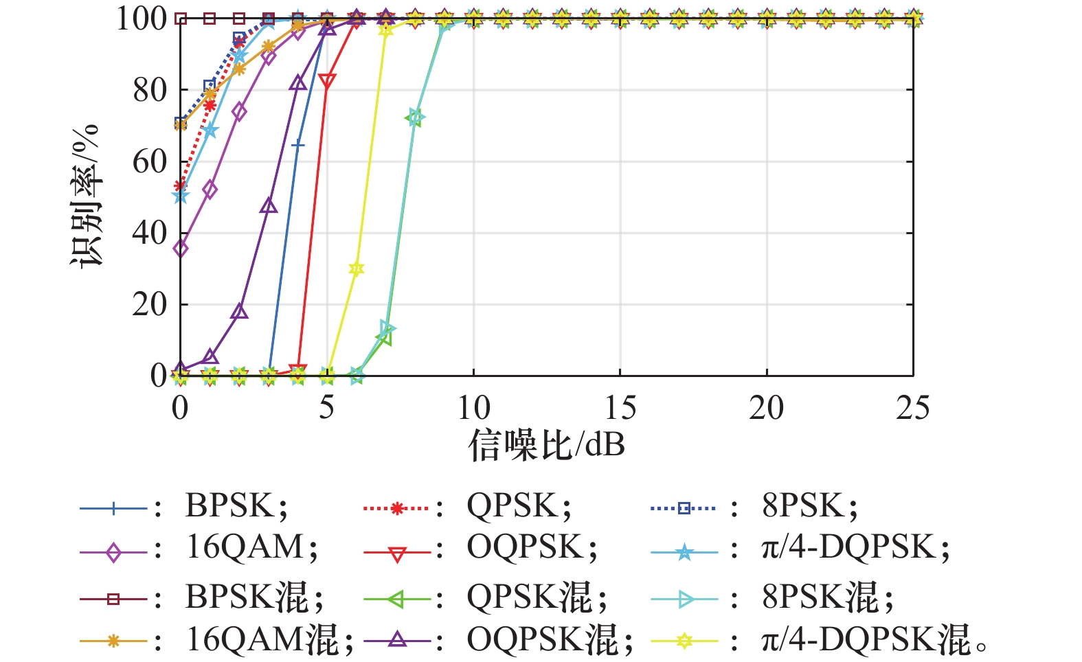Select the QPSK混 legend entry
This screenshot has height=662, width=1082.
537,597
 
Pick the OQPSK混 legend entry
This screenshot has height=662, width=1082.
548,640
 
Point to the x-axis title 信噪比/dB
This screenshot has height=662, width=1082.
546,445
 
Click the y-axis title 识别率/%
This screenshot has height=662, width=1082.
86,196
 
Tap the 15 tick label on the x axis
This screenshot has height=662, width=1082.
620,408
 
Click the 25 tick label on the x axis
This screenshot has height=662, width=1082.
912,408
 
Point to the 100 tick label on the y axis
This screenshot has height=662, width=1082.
142,19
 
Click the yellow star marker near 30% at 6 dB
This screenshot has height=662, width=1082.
356,269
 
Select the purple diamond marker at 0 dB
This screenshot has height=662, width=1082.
181,248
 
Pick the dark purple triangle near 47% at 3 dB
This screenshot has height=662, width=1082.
269,206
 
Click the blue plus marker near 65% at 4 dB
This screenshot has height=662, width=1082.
298,144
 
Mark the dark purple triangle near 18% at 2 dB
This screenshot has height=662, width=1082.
239,312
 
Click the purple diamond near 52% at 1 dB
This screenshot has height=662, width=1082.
210,190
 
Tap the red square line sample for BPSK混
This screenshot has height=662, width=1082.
113,599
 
